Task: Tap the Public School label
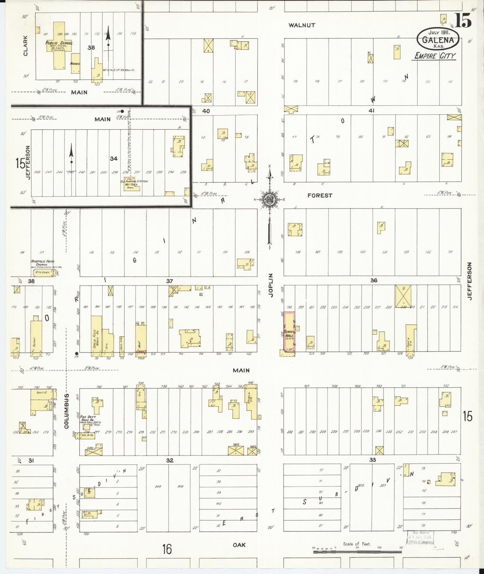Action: (59, 43)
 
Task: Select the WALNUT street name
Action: (302, 26)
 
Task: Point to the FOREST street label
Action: (320, 196)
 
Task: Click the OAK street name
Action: (239, 545)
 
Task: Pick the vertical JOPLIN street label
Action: (271, 285)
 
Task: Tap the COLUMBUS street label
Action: (67, 411)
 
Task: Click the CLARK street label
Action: (25, 46)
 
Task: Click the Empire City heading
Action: (435, 56)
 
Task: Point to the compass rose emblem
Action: (270, 199)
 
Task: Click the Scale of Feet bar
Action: (357, 551)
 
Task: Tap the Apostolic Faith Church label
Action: (43, 263)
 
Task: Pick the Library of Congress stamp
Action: (420, 537)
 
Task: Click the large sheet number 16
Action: (167, 549)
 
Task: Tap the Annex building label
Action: (74, 64)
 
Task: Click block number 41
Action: (372, 111)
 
